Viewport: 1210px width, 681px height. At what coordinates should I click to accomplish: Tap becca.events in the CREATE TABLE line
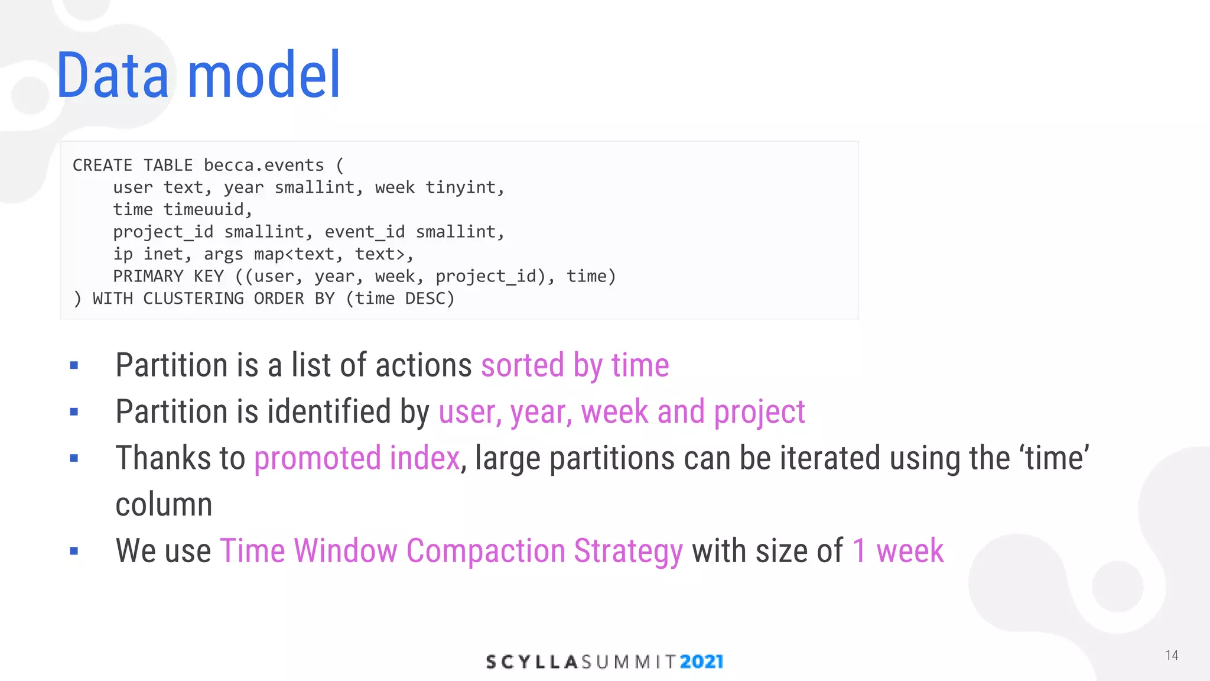coord(264,166)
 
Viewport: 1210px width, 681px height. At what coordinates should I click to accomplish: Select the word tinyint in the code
coord(464,188)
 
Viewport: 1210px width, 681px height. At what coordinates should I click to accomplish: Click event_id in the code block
coord(365,232)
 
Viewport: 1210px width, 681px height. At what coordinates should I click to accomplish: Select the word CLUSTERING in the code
coord(193,299)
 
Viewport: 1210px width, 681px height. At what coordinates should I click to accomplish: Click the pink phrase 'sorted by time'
coord(575,365)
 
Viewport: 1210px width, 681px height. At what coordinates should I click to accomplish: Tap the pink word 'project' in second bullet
coord(759,412)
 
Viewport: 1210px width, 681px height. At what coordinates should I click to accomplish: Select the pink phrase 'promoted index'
coord(357,458)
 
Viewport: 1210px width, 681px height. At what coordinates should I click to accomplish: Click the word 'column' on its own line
coord(164,504)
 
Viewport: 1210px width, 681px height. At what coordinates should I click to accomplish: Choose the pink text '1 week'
coord(898,551)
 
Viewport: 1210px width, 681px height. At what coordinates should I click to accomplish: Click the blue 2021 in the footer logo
coord(701,661)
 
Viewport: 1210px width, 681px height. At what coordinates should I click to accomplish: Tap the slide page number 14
coord(1172,656)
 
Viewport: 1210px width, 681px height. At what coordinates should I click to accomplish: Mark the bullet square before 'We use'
coord(74,552)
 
